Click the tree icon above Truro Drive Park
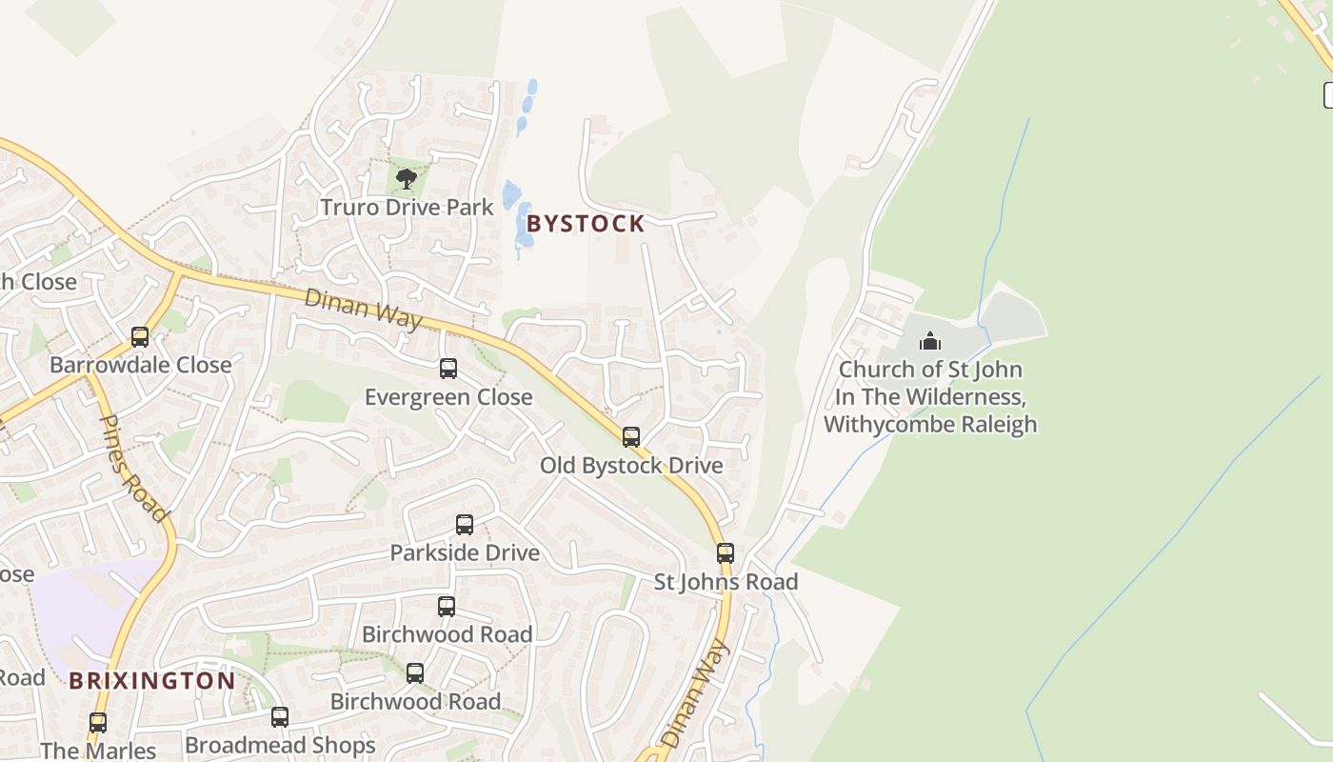coord(407,177)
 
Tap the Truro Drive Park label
coord(407,207)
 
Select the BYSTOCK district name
coord(586,224)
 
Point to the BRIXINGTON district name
coord(151,681)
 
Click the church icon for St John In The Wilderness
coord(930,341)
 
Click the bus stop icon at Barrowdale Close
coord(140,336)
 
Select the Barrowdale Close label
coord(140,365)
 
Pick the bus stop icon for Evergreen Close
coord(448,369)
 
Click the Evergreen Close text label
coord(448,397)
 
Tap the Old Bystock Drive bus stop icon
coord(631,437)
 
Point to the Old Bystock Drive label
coord(631,466)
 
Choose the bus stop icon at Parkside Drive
coord(465,524)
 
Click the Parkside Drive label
coord(465,552)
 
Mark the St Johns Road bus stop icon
coord(726,552)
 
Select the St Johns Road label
coord(726,581)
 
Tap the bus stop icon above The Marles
coord(98,723)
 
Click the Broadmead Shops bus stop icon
coord(280,716)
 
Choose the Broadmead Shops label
coord(280,745)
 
